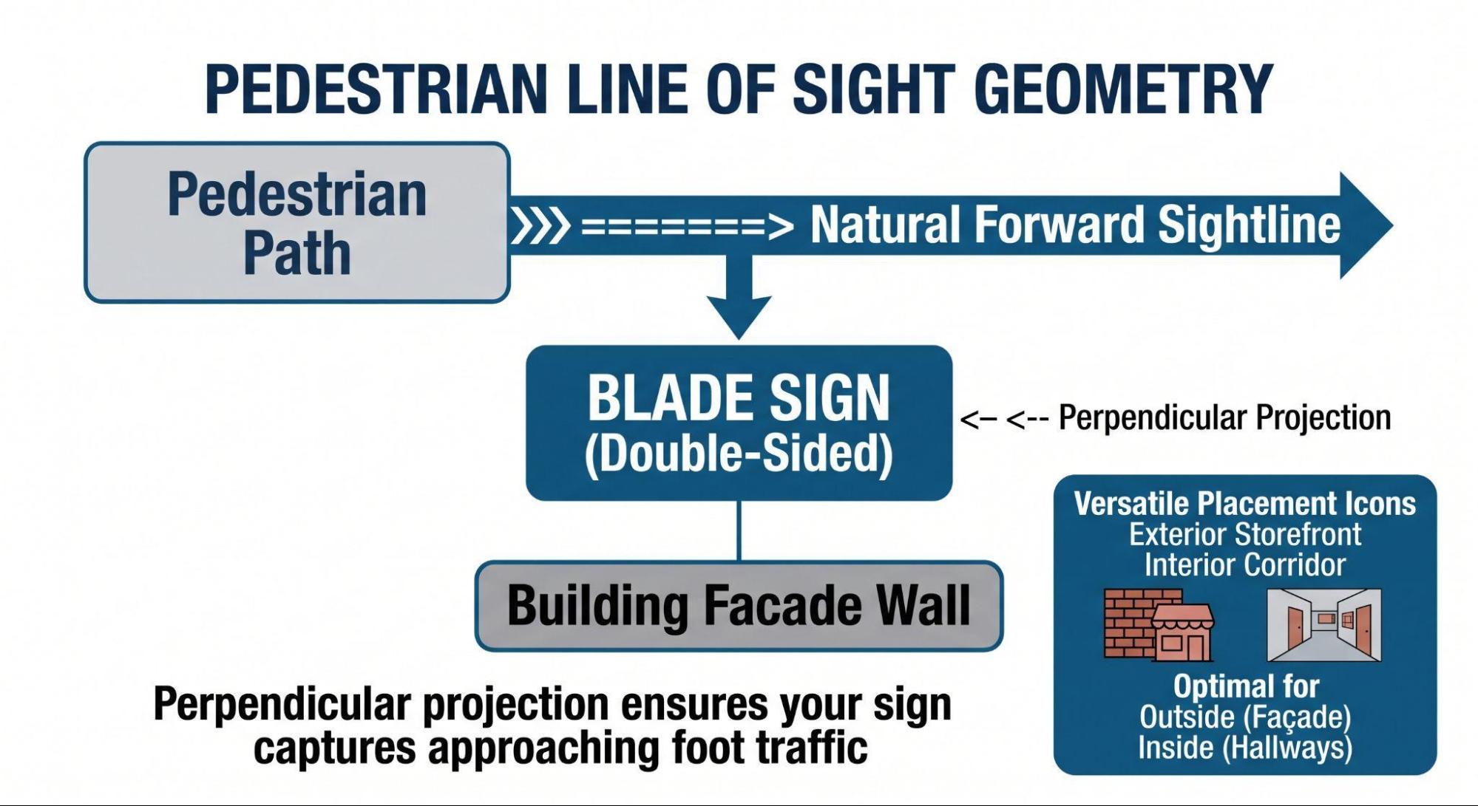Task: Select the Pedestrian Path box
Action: pos(297,222)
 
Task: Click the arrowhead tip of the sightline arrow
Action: pos(1393,225)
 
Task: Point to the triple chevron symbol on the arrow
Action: pos(540,226)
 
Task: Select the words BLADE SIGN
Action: pos(739,398)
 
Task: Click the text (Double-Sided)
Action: pos(739,453)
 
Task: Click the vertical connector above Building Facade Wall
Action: pos(739,530)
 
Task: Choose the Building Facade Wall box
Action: pos(739,606)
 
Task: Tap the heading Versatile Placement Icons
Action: pos(1245,504)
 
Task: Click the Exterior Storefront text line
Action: pos(1245,534)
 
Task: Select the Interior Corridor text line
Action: pos(1245,565)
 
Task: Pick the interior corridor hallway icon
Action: pos(1324,625)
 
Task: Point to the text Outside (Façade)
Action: pos(1245,717)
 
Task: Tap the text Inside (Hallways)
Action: pos(1245,748)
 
